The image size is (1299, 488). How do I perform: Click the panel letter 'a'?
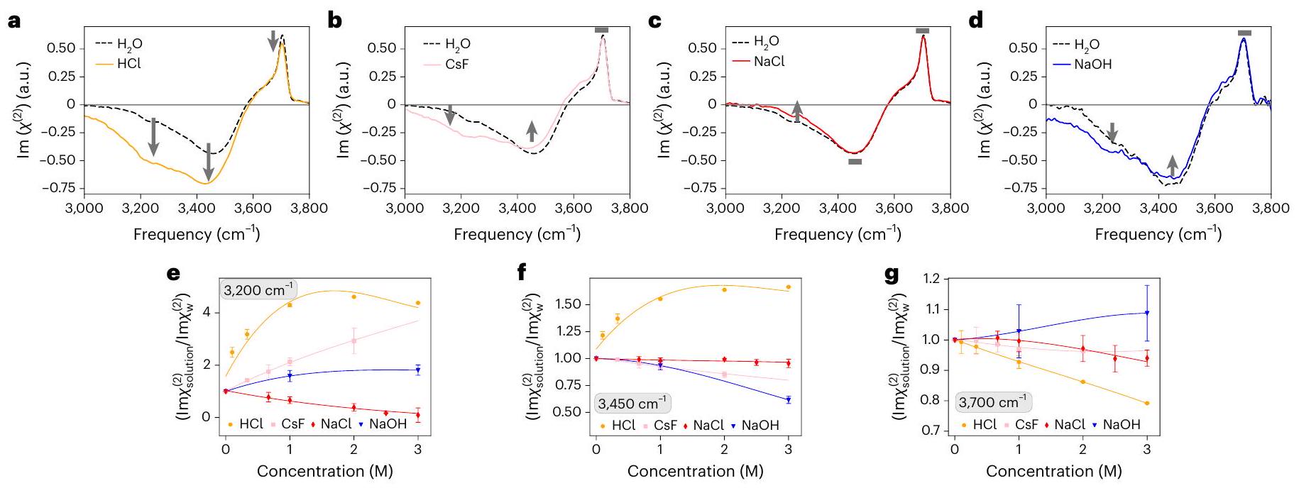(x=14, y=21)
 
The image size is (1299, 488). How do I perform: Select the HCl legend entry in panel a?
(x=129, y=63)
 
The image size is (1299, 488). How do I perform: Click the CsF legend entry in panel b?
(x=456, y=64)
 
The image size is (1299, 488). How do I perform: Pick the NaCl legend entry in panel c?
(x=769, y=62)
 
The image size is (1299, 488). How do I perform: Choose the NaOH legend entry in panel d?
(x=1092, y=64)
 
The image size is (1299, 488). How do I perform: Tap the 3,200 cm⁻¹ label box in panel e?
(x=258, y=290)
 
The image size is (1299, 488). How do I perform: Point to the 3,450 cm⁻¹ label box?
(x=632, y=404)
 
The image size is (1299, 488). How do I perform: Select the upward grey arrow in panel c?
(x=797, y=111)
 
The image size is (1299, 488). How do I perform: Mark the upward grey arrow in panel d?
(x=1172, y=165)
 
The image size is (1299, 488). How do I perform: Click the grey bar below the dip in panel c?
(x=855, y=162)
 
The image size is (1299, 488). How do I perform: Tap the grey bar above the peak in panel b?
(x=602, y=30)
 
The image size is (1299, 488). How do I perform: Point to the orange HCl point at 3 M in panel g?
(x=1147, y=403)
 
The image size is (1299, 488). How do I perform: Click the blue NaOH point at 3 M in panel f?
(x=788, y=400)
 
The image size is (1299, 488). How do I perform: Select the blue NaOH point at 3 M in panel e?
(x=417, y=370)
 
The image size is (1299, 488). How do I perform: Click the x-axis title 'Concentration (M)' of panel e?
(x=324, y=471)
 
